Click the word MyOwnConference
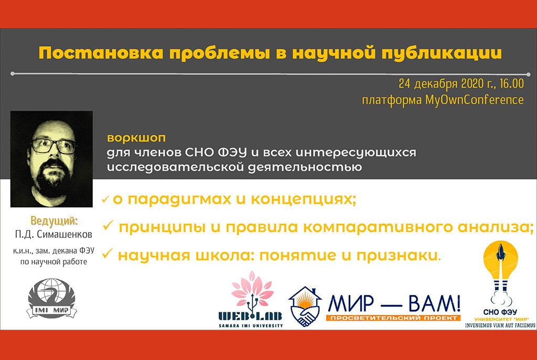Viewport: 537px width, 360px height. (x=474, y=100)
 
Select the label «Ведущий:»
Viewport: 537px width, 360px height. (x=54, y=221)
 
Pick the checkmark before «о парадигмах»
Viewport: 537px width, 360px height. (x=105, y=199)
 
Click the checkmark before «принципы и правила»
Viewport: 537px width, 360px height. (x=108, y=225)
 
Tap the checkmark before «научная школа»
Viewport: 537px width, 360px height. (x=108, y=254)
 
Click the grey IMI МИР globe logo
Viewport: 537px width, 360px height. (x=52, y=298)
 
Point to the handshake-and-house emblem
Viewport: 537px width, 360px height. (x=305, y=307)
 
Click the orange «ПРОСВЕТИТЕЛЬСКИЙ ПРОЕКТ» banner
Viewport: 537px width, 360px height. (x=393, y=318)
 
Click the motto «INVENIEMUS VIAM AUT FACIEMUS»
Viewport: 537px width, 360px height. (x=500, y=325)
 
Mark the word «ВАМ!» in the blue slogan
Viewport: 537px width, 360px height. (x=434, y=303)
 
